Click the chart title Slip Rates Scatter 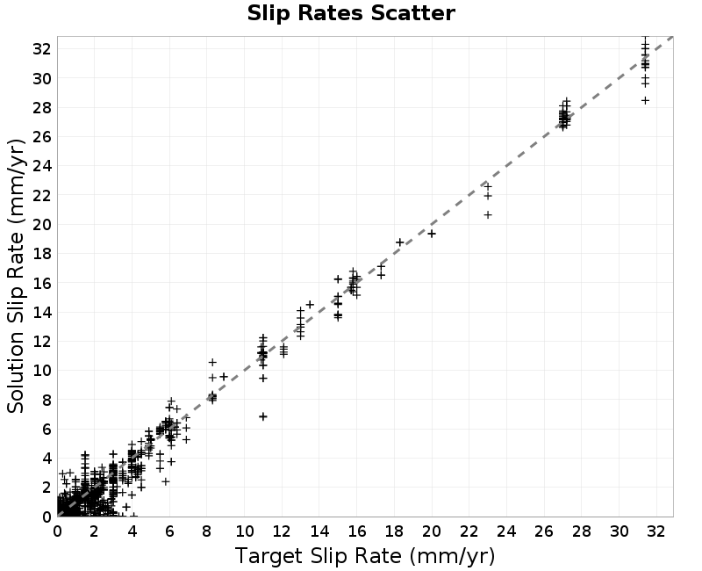pyautogui.click(x=351, y=13)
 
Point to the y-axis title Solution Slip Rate pyautogui.click(x=16, y=276)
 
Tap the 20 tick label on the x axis pyautogui.click(x=432, y=531)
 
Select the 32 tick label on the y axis pyautogui.click(x=41, y=49)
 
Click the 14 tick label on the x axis pyautogui.click(x=319, y=531)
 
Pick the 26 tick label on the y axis pyautogui.click(x=41, y=137)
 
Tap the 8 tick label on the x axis pyautogui.click(x=207, y=531)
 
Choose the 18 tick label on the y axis pyautogui.click(x=41, y=254)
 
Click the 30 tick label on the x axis pyautogui.click(x=620, y=531)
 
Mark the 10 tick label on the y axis pyautogui.click(x=41, y=371)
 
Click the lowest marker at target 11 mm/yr pyautogui.click(x=262, y=416)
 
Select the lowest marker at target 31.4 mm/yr pyautogui.click(x=645, y=101)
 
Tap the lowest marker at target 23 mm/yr pyautogui.click(x=488, y=215)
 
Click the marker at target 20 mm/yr pyautogui.click(x=432, y=234)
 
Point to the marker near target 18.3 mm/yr pyautogui.click(x=400, y=242)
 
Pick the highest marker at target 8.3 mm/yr pyautogui.click(x=212, y=362)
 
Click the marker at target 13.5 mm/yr pyautogui.click(x=310, y=305)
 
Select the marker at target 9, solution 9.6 pyautogui.click(x=224, y=377)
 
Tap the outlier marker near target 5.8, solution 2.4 pyautogui.click(x=166, y=481)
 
